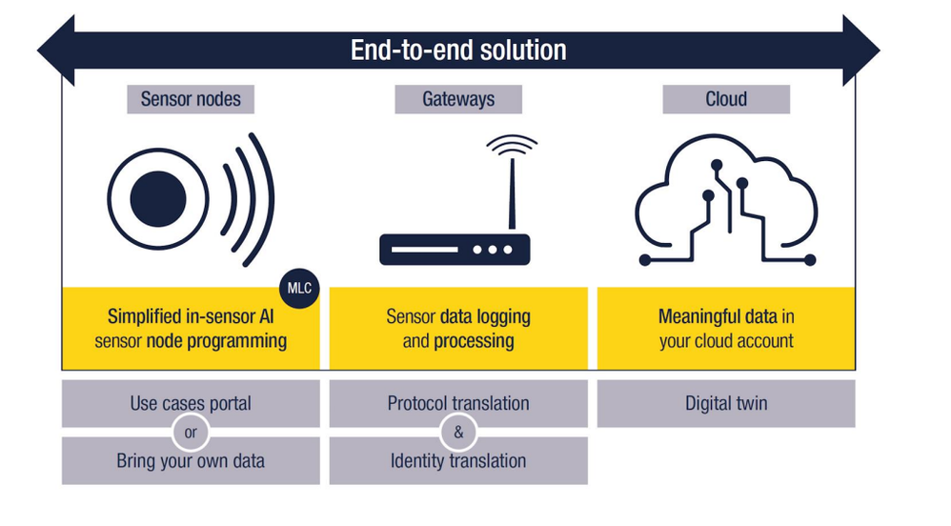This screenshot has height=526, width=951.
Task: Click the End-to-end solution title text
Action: (x=457, y=50)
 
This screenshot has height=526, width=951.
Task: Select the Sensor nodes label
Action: (x=191, y=99)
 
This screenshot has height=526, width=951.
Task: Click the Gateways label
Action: (x=458, y=99)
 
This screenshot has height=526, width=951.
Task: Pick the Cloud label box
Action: (x=726, y=99)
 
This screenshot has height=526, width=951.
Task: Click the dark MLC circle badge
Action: (x=299, y=289)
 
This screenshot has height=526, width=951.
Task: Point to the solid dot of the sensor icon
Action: (x=158, y=200)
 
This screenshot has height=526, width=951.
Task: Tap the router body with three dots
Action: (x=455, y=250)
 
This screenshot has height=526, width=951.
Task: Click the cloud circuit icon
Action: (x=726, y=203)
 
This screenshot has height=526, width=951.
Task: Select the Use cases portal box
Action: (x=191, y=403)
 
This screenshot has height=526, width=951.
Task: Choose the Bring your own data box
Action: (x=191, y=461)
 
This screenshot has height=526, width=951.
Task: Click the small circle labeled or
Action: (x=191, y=433)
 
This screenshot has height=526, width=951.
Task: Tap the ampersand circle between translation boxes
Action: (x=458, y=433)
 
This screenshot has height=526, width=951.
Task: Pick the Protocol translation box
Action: (x=458, y=403)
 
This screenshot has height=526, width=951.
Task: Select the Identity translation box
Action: (x=458, y=461)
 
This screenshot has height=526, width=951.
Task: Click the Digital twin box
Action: (x=726, y=403)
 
